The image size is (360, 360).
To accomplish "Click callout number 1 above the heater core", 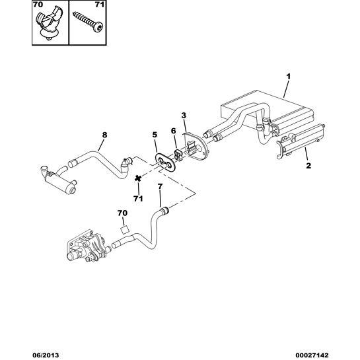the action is tap(289, 77).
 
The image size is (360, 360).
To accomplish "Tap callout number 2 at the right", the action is tap(308, 165).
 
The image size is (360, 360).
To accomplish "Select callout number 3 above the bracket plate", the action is tap(184, 116).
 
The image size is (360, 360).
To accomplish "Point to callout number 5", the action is tap(155, 135).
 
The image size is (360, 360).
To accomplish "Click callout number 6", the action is tap(173, 131).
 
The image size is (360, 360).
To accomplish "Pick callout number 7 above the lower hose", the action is tap(161, 186).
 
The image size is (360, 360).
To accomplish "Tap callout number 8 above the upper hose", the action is tap(104, 135).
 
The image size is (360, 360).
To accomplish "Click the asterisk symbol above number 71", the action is tap(138, 178).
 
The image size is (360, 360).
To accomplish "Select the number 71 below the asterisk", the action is tap(138, 199).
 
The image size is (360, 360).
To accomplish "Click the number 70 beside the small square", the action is tap(122, 213).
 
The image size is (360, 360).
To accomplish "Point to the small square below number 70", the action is tap(124, 230).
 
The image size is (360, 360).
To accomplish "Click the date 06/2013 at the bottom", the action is tap(45, 355).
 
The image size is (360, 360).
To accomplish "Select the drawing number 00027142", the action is tap(312, 355).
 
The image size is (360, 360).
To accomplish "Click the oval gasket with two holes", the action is tap(166, 162).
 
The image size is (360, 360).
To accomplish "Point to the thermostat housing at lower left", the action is tap(87, 246).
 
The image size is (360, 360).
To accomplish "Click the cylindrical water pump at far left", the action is tap(58, 181).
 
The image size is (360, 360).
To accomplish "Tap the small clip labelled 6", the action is tap(178, 155).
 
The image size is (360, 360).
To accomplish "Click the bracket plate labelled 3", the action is tap(195, 146).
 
